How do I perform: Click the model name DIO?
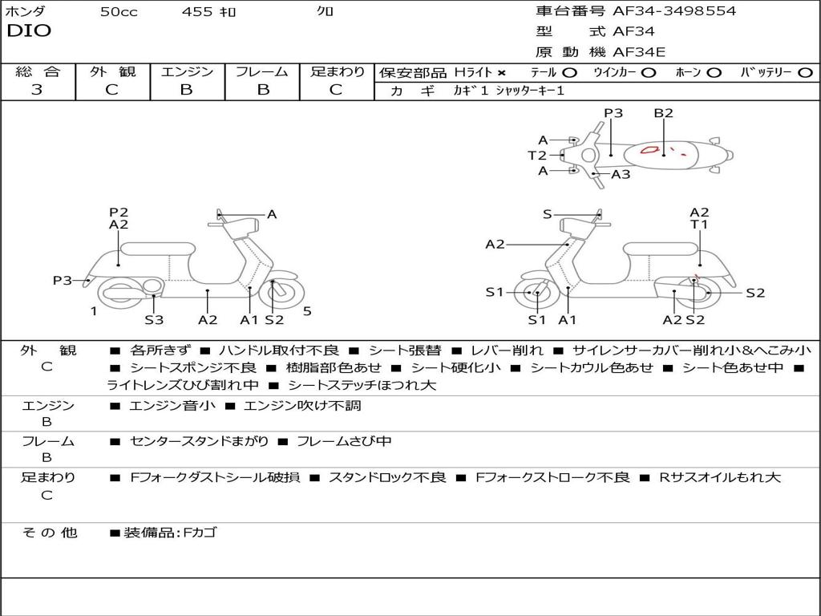29,31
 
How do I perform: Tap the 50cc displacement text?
119,12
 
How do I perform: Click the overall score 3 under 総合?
37,90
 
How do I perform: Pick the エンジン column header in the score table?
187,72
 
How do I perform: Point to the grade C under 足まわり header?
336,90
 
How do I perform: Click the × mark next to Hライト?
501,73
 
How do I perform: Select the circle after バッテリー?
805,73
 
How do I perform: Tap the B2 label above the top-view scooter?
663,113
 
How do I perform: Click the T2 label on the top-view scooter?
536,156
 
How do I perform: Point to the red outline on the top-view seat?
650,149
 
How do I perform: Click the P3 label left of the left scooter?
63,280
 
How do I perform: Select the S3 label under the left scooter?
154,320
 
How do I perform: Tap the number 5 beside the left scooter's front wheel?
307,311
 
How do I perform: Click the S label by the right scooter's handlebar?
548,214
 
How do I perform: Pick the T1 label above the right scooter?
699,225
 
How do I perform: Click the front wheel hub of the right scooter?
536,293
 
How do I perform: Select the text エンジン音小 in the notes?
172,406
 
